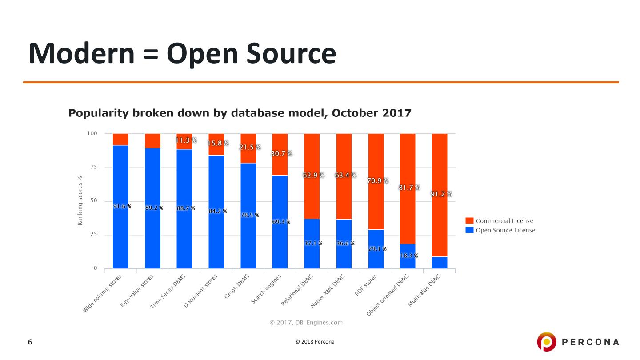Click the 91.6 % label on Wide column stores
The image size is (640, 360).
point(122,207)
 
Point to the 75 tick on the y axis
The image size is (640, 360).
point(93,168)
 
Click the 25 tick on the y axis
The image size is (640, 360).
point(93,235)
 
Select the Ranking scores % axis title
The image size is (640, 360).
point(80,201)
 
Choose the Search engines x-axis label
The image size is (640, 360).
point(267,290)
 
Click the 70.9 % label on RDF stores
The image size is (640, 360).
point(378,181)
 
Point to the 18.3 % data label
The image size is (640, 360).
point(408,256)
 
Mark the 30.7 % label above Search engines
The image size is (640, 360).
point(281,154)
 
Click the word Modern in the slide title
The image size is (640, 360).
point(81,53)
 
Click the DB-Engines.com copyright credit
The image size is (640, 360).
point(306,323)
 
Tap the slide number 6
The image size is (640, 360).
point(30,342)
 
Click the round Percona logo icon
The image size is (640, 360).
point(546,342)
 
